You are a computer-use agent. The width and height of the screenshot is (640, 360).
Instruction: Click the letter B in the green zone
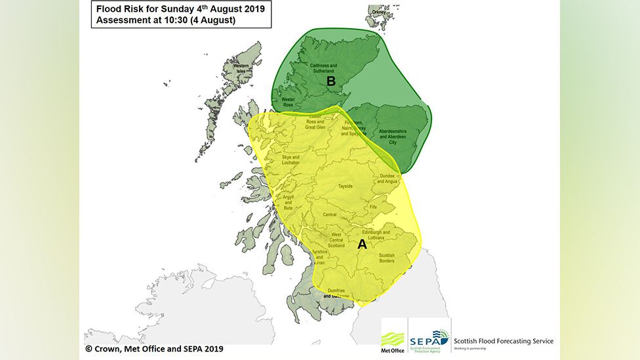point(331,81)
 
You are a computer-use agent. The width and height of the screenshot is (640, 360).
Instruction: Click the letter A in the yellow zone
point(361,245)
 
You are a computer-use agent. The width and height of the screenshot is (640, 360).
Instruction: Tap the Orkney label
point(377,11)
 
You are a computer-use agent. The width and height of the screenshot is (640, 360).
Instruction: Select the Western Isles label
point(241,68)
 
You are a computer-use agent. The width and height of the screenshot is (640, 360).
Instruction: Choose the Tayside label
point(345,186)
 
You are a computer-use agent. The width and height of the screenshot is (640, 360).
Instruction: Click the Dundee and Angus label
point(386,178)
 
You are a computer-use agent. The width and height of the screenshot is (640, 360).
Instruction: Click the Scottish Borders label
point(387,258)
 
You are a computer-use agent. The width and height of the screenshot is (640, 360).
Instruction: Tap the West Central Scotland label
point(336,240)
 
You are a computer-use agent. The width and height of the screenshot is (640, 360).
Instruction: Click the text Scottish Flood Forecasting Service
point(503,341)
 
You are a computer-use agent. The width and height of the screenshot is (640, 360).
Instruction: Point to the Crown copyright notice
point(154,349)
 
